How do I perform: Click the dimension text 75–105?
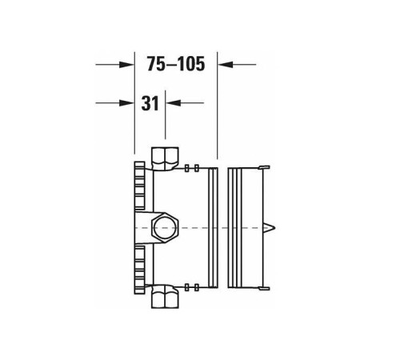(x=176, y=64)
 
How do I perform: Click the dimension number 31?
(x=150, y=103)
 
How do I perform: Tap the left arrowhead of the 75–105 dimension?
(x=126, y=64)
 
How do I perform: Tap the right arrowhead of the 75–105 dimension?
(x=226, y=64)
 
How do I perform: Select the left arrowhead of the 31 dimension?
(x=126, y=103)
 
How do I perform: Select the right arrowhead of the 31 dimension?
(x=174, y=103)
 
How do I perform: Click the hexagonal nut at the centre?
(x=165, y=227)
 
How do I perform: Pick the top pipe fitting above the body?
(x=165, y=158)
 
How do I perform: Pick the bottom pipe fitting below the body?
(x=165, y=297)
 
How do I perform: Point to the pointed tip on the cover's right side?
(x=274, y=228)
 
